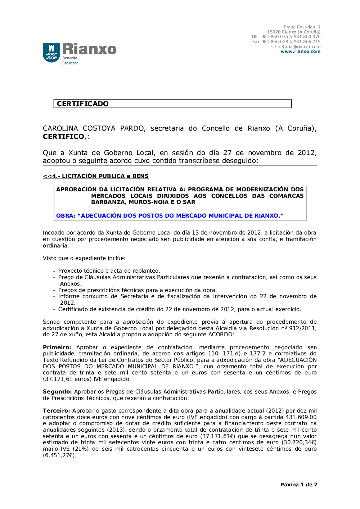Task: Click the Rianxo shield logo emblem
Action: click(x=51, y=53)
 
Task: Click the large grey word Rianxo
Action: click(x=89, y=49)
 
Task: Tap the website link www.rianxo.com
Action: click(x=300, y=51)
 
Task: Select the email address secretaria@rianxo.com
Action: click(x=296, y=47)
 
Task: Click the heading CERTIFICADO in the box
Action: click(x=82, y=104)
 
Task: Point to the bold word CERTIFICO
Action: click(x=63, y=137)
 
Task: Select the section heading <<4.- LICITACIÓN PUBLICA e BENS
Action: click(x=95, y=176)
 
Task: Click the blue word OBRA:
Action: click(x=66, y=216)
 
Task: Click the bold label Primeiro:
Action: click(x=57, y=347)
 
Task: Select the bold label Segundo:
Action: click(x=57, y=392)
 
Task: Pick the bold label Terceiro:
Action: click(x=56, y=411)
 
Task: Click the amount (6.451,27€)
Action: click(x=59, y=455)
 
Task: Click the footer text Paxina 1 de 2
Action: click(x=298, y=485)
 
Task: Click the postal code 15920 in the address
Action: click(x=274, y=32)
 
